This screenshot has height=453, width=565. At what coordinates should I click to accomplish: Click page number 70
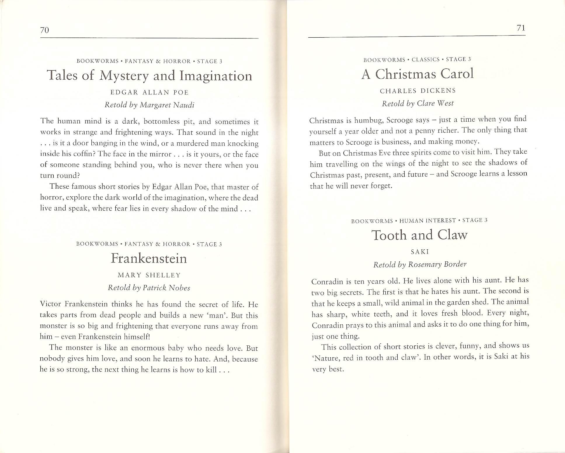tap(44, 30)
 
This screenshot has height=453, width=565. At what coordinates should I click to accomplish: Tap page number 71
tap(521, 28)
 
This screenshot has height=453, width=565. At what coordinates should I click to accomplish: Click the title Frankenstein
tap(149, 258)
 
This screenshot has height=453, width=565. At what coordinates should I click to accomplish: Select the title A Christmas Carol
tap(417, 74)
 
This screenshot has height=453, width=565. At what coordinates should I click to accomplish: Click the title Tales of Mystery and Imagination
tap(149, 76)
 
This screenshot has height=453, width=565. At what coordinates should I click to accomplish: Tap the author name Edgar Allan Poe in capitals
tap(149, 92)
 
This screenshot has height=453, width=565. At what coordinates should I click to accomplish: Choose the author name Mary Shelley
tap(149, 275)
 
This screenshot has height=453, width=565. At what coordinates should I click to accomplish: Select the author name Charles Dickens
tap(418, 91)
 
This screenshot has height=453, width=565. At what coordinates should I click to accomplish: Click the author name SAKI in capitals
tap(420, 251)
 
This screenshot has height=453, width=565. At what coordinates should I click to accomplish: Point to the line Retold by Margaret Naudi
tap(149, 105)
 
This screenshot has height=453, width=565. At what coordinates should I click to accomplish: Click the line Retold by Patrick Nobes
tap(149, 288)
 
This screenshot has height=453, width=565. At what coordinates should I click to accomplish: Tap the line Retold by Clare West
tap(418, 103)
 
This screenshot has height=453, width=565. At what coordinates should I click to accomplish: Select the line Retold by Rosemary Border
tap(420, 264)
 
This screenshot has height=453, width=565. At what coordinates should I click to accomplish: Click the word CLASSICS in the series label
tap(425, 60)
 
